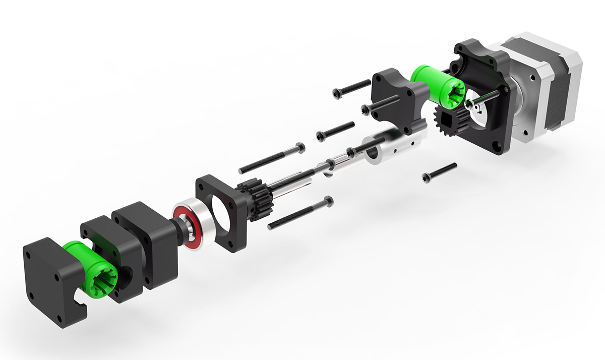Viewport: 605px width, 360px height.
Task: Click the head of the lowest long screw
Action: [329, 202]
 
